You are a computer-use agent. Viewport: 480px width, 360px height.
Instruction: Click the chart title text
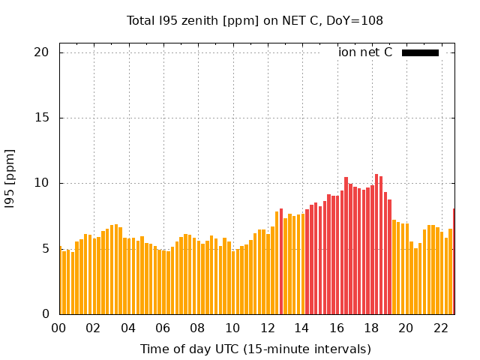254,21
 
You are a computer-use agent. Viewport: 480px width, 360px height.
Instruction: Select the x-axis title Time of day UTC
255,349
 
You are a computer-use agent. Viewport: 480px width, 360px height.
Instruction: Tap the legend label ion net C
365,52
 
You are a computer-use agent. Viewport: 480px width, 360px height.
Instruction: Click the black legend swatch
420,52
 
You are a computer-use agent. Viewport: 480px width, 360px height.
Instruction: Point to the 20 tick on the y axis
41,52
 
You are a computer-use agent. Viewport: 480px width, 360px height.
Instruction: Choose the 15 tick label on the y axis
41,118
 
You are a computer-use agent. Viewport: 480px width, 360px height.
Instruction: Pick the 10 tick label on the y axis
41,183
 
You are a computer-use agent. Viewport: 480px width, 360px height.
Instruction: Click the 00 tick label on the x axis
58,328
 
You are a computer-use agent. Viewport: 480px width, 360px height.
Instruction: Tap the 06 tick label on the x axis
163,328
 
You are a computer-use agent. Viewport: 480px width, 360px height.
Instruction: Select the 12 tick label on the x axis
267,328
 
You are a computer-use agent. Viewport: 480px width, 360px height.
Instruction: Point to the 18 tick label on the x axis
371,328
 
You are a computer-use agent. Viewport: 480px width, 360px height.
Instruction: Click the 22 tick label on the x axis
441,328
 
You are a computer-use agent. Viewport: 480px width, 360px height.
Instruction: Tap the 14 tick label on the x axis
301,328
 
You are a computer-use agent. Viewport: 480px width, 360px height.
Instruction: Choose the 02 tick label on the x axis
93,328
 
